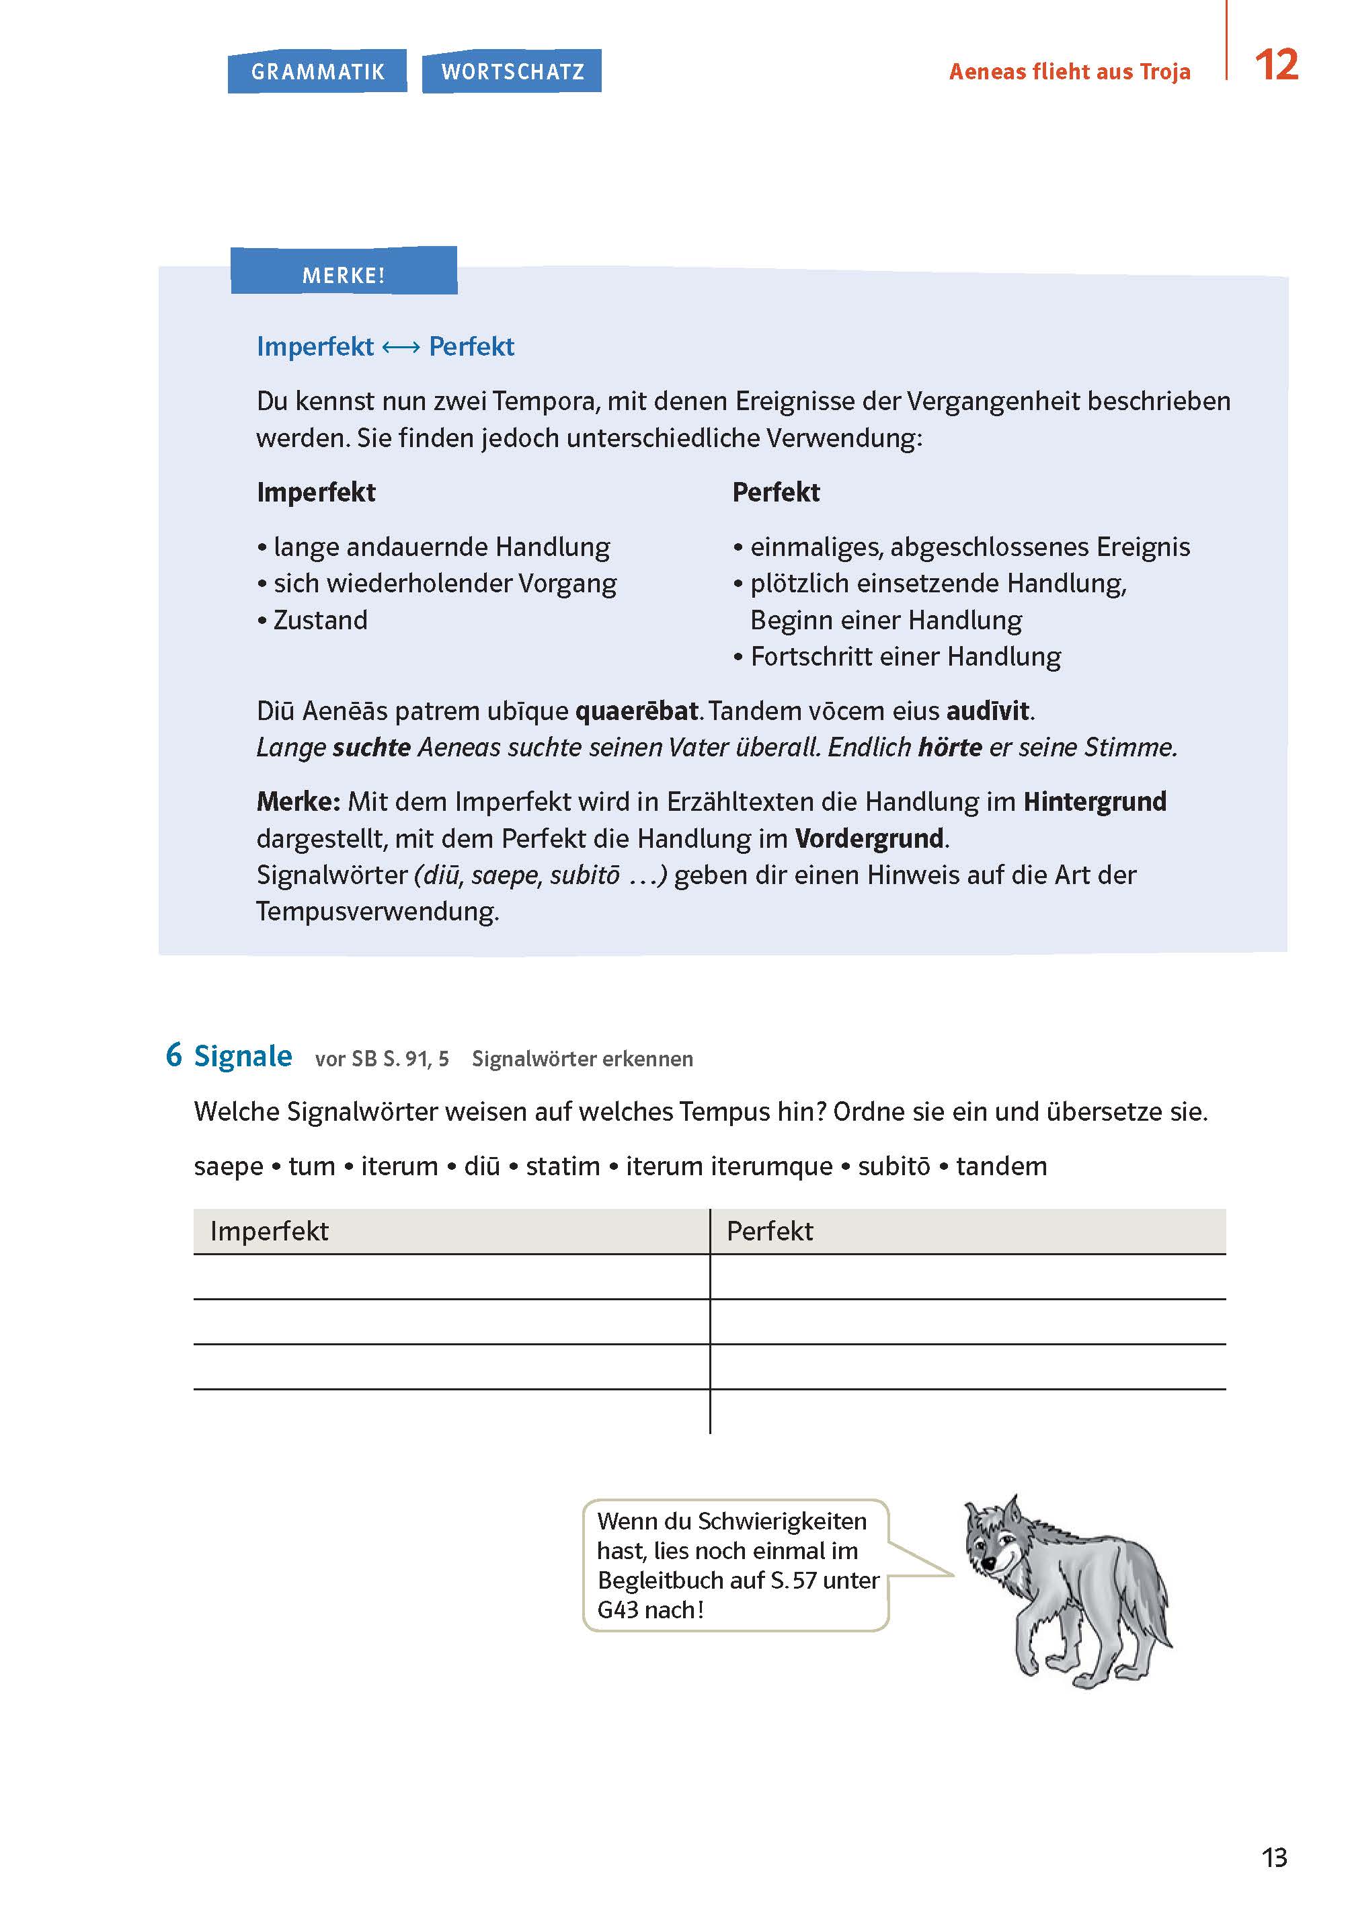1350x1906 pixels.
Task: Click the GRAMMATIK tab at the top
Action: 317,71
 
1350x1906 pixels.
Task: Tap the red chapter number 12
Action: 1275,65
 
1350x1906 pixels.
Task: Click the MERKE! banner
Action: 344,274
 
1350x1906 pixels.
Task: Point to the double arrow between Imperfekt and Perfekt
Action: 401,347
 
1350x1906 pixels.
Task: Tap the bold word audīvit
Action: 988,711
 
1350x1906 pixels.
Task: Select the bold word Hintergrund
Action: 1094,801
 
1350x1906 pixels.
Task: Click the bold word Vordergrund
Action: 869,838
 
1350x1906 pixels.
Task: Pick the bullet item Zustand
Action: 320,620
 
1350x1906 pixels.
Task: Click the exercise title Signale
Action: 242,1056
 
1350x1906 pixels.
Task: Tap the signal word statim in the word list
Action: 563,1166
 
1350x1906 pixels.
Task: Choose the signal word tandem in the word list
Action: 1001,1166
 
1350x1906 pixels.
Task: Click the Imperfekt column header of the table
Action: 270,1231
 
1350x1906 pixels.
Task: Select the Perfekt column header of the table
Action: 770,1231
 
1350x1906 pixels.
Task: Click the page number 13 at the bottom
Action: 1273,1857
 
